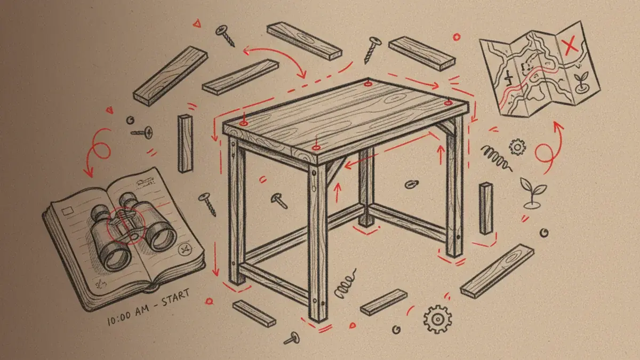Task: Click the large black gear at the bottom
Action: (437, 319)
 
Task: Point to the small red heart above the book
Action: (110, 111)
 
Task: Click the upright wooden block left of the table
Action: (185, 142)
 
